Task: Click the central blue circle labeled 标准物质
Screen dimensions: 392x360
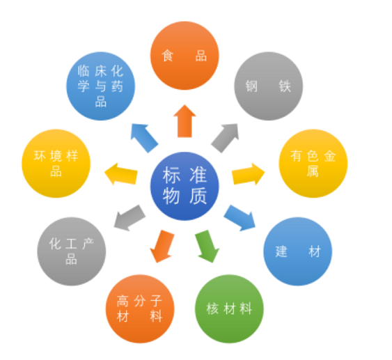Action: coord(185,186)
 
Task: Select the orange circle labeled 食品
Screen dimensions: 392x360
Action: coord(185,56)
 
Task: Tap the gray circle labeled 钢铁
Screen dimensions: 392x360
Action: coord(269,86)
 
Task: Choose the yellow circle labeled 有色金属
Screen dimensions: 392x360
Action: coord(313,164)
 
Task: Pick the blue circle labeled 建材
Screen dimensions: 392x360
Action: coord(298,251)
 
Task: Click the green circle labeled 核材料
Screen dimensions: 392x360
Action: coord(229,308)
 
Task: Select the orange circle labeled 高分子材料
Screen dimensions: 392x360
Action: coord(140,308)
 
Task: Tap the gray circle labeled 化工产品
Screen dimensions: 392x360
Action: coord(72,251)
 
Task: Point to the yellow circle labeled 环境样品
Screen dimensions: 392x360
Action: coord(56,164)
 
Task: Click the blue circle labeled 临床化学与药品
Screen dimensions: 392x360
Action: coord(100,86)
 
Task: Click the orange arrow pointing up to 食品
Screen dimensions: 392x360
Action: coord(185,121)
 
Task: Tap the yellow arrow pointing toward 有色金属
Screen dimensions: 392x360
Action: coord(248,174)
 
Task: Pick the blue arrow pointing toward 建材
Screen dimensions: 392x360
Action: coord(240,218)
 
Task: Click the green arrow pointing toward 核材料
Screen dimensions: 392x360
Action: coord(207,246)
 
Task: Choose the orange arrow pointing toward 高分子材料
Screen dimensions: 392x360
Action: coord(162,246)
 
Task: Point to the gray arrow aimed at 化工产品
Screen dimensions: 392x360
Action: coord(130,218)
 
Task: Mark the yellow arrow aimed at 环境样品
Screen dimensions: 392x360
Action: coord(121,174)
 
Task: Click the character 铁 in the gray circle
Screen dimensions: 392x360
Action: coord(285,86)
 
